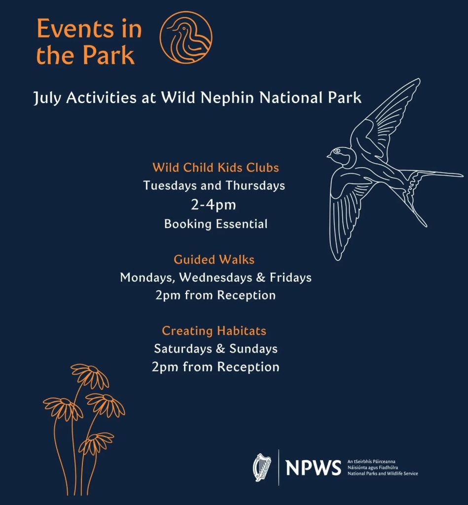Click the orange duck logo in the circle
click(x=186, y=37)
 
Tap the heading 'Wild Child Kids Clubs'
click(x=216, y=168)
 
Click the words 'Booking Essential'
click(x=216, y=224)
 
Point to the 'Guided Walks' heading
click(x=214, y=259)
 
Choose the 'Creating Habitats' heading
click(x=214, y=330)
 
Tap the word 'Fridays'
click(x=290, y=278)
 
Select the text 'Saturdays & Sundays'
click(x=216, y=349)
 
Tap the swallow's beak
click(x=328, y=156)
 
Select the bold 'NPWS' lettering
click(x=313, y=467)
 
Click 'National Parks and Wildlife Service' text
click(x=382, y=474)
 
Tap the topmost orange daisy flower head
click(x=89, y=375)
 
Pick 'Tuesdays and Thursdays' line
click(x=214, y=186)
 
